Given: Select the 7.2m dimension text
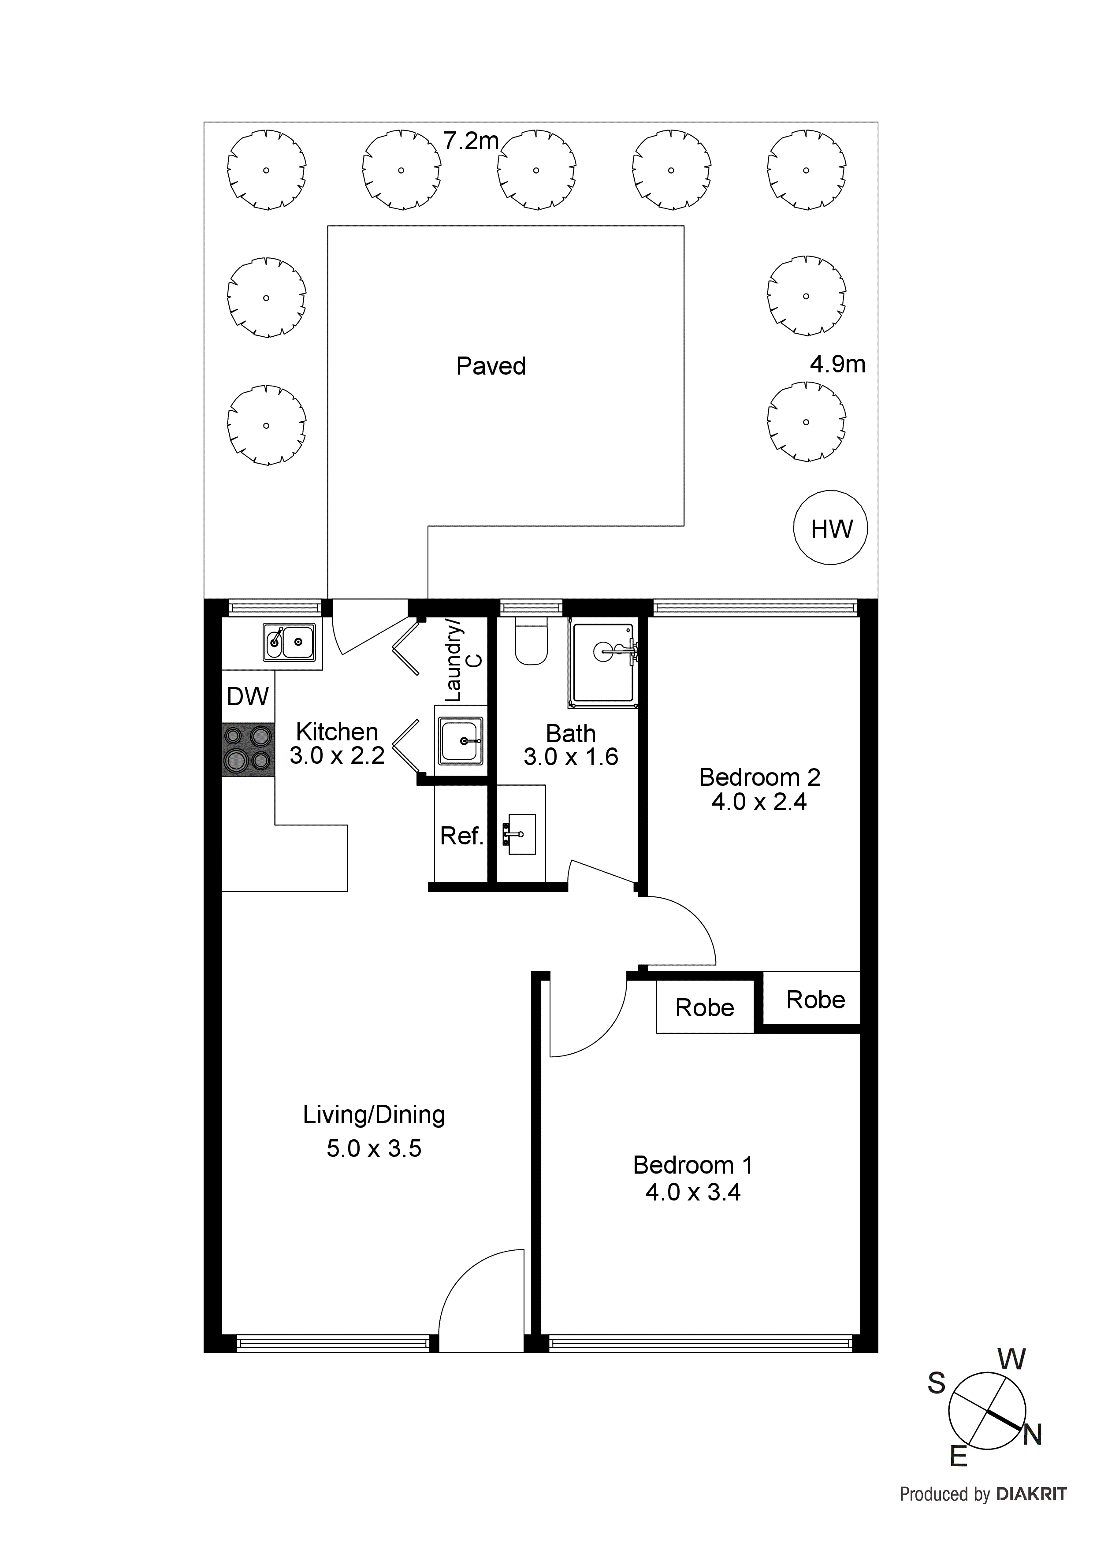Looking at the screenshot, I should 471,141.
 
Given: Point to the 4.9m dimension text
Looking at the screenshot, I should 837,364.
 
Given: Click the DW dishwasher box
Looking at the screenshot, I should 248,696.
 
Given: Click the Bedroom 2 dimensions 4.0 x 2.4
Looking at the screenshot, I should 759,802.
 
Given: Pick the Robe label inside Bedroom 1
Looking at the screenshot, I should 704,1008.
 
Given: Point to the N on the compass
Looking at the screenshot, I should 1032,1435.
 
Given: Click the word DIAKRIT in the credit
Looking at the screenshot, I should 1031,1494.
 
